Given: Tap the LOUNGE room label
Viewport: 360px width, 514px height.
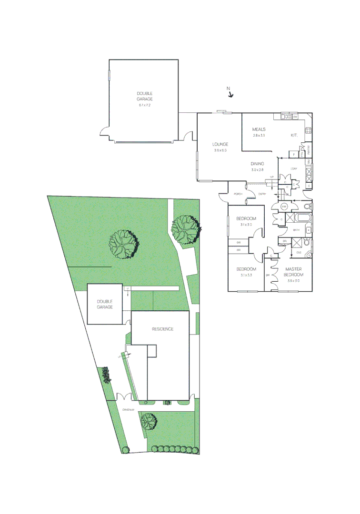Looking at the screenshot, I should tap(220, 144).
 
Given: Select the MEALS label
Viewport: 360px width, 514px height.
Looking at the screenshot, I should tap(259, 129).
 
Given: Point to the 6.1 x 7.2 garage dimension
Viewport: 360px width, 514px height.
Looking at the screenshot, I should tap(144, 105).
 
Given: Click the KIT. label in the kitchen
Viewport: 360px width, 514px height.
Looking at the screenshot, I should tap(294, 135).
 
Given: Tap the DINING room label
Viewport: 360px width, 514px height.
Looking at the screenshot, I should tap(257, 164).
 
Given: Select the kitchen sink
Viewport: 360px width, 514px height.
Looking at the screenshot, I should tap(286, 117).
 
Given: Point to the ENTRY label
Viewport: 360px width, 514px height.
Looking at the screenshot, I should tap(262, 194).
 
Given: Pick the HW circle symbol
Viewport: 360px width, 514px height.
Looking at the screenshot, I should tap(283, 207).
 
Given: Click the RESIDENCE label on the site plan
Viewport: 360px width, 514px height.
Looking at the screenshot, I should tap(162, 329).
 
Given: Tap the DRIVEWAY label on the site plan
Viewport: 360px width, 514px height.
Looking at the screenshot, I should tap(128, 410).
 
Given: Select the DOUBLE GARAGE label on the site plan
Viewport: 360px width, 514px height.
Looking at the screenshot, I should tap(105, 304).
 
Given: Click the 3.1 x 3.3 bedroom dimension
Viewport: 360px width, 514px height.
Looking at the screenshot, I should tap(246, 275).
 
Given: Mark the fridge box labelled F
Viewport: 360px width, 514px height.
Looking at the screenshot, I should tap(294, 155).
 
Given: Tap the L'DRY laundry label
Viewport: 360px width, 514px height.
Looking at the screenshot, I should tap(293, 169).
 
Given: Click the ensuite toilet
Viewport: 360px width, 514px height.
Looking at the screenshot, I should tap(307, 242).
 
